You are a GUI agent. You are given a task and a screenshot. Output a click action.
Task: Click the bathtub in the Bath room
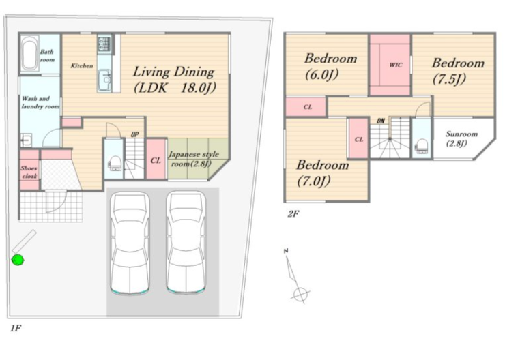coord(29,54)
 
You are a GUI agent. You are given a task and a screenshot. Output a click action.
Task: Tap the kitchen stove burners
coord(104,44)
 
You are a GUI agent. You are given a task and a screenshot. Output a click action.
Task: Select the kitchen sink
coord(104,79)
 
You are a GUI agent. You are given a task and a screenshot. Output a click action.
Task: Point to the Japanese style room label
coord(193,159)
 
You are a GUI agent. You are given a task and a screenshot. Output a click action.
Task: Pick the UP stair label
coord(134,134)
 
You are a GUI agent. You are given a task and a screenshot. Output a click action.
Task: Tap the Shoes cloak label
coord(29,172)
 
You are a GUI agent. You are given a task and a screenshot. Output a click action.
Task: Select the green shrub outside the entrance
coord(18,260)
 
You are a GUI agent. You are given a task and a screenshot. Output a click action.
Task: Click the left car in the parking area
coord(130,243)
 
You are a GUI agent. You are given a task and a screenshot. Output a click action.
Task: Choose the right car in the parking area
coord(186,242)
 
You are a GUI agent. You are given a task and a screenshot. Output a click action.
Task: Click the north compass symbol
coord(295,276)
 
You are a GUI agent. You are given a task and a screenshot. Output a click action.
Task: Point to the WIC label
coord(396,65)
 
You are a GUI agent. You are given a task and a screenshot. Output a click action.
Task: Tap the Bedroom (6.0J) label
coord(330,66)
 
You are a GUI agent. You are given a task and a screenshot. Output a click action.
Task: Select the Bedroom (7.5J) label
coord(458,71)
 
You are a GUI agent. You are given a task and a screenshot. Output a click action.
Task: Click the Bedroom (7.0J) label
coord(322,172)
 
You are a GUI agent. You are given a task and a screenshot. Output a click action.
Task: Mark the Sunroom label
coord(461,138)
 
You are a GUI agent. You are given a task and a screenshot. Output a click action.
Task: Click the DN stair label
coord(381,121)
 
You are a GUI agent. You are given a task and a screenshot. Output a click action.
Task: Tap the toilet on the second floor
coord(422,147)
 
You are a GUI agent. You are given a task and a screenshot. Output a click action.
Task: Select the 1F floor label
coord(16,328)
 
